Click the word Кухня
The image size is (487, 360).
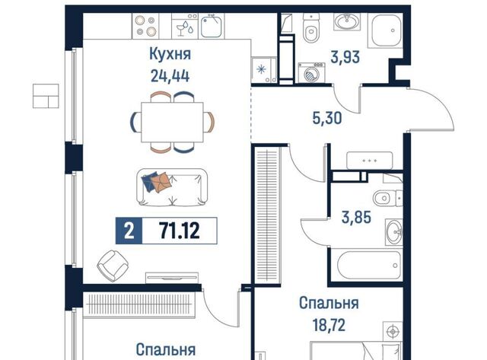tap(170, 54)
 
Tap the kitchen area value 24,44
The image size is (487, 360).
tap(170, 75)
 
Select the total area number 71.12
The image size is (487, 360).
tap(180, 231)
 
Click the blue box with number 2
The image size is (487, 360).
tap(129, 231)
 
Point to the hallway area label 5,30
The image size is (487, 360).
tap(327, 118)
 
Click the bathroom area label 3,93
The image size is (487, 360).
tap(345, 58)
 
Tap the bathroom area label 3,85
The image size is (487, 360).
tap(356, 217)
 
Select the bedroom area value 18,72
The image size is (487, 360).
tap(329, 325)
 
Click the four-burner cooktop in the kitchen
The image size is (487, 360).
tap(145, 26)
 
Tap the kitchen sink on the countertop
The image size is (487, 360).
tap(212, 27)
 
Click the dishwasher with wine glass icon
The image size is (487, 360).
tap(185, 26)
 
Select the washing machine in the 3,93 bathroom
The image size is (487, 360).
tap(311, 73)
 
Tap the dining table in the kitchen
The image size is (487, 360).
tap(172, 122)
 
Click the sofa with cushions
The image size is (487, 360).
tap(172, 187)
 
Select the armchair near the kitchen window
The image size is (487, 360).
tap(113, 266)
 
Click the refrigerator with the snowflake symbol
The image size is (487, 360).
tap(264, 70)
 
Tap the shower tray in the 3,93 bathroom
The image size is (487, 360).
tap(385, 30)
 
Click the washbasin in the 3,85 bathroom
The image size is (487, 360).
tap(394, 231)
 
